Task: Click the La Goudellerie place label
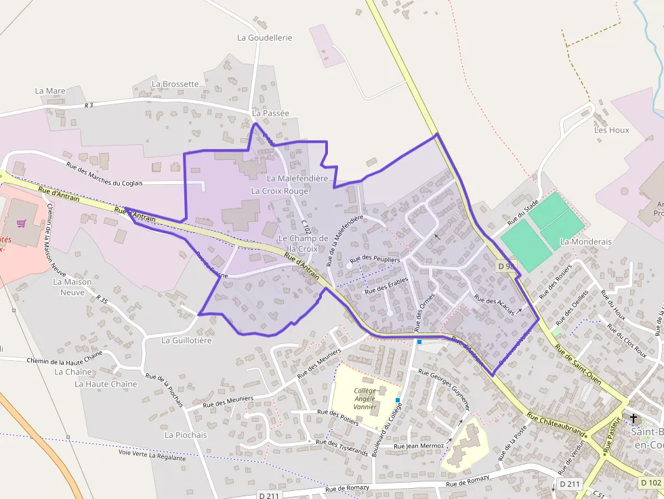coord(264,38)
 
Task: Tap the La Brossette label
coord(175,84)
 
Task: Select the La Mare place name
coord(50,91)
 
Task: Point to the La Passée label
coord(270,114)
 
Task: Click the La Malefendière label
coord(297,178)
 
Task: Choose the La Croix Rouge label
coord(280,191)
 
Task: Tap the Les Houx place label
coord(611,130)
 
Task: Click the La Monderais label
coord(585,242)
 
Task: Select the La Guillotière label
coord(186,341)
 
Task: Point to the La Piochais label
coord(186,435)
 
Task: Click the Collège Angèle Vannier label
coord(365,399)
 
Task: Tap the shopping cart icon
coord(22,223)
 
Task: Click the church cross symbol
coord(634,418)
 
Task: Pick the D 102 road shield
coord(650,482)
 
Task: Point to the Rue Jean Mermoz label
coord(419,446)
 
